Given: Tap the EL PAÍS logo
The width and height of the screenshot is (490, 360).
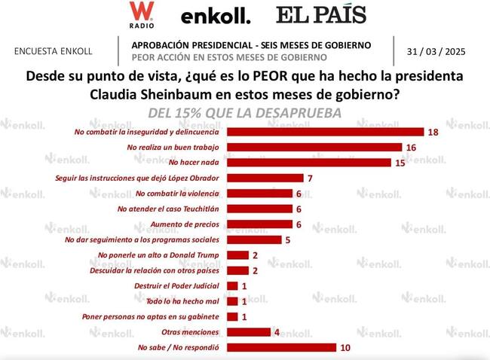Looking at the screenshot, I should tap(321, 14).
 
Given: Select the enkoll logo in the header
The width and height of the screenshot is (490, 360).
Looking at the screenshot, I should tap(215, 16).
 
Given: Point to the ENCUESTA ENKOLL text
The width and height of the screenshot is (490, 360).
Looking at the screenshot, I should tap(54, 51).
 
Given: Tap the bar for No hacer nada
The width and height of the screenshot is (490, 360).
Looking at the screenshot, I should tap(309, 163).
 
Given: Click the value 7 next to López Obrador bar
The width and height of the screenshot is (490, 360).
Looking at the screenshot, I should tap(310, 178).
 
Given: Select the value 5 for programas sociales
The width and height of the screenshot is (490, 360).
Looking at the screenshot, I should tap(288, 239).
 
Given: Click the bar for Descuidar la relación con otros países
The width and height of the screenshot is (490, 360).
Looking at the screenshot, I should tap(237, 270).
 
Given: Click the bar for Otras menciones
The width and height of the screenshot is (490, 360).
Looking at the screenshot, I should tap(248, 332).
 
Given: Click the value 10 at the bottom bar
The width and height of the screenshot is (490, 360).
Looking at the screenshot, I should tap(346, 347).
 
